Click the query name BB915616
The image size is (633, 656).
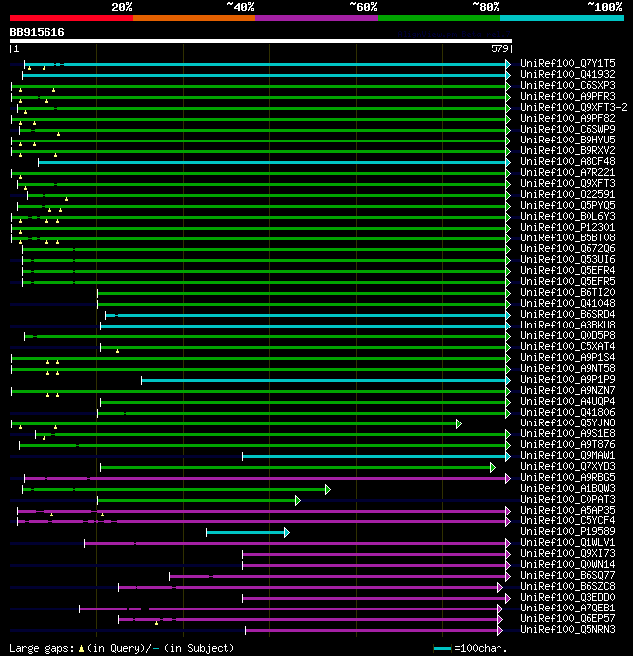37,32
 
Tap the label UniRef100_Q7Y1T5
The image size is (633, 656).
568,63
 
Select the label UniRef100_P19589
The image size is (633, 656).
568,532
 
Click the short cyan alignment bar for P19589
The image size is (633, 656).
245,532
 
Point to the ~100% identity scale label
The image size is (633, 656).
603,7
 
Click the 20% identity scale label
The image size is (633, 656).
122,7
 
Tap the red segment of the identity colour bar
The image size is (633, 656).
70,18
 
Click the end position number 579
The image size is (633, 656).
499,48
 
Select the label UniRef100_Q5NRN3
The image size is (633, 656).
568,629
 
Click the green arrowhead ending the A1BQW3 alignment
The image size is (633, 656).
327,489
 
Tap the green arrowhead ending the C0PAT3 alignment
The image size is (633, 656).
297,500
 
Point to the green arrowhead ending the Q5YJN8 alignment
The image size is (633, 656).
458,423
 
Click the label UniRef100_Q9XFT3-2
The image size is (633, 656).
574,107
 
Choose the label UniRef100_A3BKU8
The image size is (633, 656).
568,325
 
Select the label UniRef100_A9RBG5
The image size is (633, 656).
568,478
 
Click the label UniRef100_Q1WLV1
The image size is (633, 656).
568,543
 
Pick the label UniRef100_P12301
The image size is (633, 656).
568,228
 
